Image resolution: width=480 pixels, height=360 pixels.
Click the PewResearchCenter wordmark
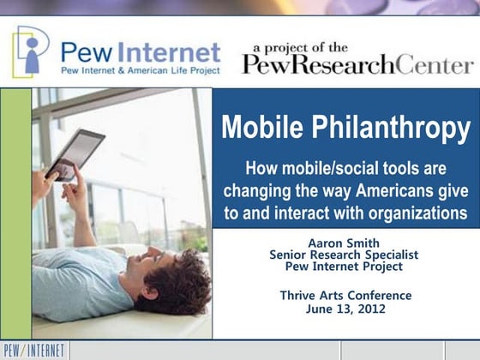pyautogui.click(x=357, y=64)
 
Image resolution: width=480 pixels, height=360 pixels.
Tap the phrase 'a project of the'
pyautogui.click(x=300, y=47)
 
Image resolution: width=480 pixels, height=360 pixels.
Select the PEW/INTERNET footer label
pyautogui.click(x=33, y=350)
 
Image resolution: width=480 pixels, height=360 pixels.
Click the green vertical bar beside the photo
pyautogui.click(x=16, y=214)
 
